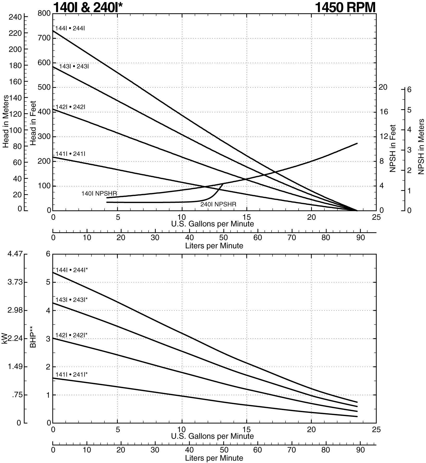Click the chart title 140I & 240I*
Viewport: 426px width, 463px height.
(88, 7)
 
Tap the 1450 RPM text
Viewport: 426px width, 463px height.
(345, 7)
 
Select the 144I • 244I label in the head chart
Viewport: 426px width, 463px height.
(70, 28)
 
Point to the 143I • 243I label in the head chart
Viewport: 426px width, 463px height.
(74, 66)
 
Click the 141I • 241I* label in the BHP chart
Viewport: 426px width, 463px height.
(71, 375)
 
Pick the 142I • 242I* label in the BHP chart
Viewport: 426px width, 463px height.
(71, 335)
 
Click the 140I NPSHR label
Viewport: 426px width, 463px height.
(99, 193)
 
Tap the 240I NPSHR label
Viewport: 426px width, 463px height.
(218, 204)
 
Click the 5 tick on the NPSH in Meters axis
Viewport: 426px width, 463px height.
(409, 110)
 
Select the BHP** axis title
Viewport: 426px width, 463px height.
(33, 338)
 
